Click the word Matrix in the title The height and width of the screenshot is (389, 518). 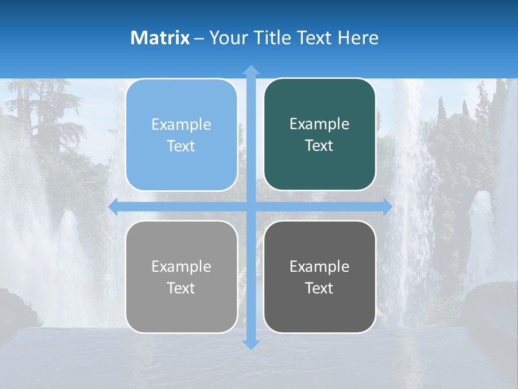tap(160, 38)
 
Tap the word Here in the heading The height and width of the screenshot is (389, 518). tap(358, 38)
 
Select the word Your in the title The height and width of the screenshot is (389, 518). tap(226, 38)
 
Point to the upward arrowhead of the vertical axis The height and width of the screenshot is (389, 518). tap(250, 70)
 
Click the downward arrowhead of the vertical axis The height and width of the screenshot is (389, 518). tap(250, 344)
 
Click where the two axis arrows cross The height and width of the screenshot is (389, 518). tap(250, 207)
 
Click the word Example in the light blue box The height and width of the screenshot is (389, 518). tap(181, 125)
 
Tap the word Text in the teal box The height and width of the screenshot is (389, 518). tap(319, 146)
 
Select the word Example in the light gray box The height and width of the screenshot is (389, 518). tap(181, 266)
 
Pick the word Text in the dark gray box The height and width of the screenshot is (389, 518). tap(319, 288)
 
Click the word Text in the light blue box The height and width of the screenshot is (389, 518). tap(181, 146)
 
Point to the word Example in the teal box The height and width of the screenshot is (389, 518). tap(319, 124)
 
